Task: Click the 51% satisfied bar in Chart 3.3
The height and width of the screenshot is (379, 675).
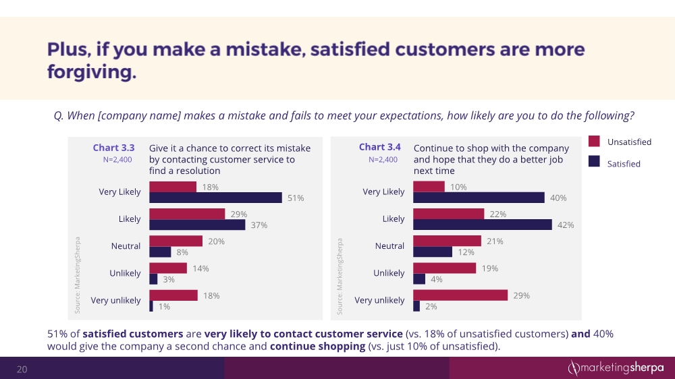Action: (215, 198)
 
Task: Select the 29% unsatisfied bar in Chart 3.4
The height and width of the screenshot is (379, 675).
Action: (460, 295)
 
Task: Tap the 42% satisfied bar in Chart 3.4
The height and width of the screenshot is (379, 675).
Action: (482, 225)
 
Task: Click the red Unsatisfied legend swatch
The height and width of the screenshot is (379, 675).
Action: (594, 142)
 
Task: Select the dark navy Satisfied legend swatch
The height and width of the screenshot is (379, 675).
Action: (594, 161)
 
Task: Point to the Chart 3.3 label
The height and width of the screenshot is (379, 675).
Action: (113, 147)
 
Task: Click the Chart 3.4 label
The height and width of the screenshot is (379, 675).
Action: (379, 147)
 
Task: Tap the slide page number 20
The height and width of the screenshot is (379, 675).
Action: (22, 369)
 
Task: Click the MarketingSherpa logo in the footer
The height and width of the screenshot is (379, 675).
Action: (614, 368)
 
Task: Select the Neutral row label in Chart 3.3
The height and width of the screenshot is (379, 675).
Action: (126, 246)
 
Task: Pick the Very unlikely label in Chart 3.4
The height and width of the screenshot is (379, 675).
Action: (379, 300)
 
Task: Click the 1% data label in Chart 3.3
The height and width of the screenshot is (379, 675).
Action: (164, 306)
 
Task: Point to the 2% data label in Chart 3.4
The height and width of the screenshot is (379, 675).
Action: (431, 306)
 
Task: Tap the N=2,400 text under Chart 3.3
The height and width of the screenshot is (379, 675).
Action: (113, 160)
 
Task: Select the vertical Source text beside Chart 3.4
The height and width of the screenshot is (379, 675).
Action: (342, 275)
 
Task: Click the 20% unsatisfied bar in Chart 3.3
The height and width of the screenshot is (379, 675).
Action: (175, 241)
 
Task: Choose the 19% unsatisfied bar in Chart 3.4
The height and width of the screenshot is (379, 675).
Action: (444, 268)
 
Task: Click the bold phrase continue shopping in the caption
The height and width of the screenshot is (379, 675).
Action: (317, 347)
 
